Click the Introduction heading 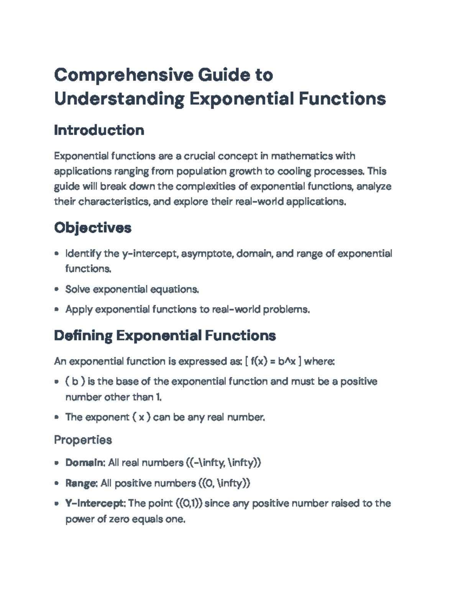coord(99,130)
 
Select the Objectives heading coord(92,228)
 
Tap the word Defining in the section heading coord(83,335)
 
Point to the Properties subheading coord(83,439)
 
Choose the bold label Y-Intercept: coord(95,503)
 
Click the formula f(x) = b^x coord(273,361)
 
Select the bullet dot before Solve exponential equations coord(57,289)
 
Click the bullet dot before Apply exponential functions coord(57,309)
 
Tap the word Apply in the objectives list coord(79,309)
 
